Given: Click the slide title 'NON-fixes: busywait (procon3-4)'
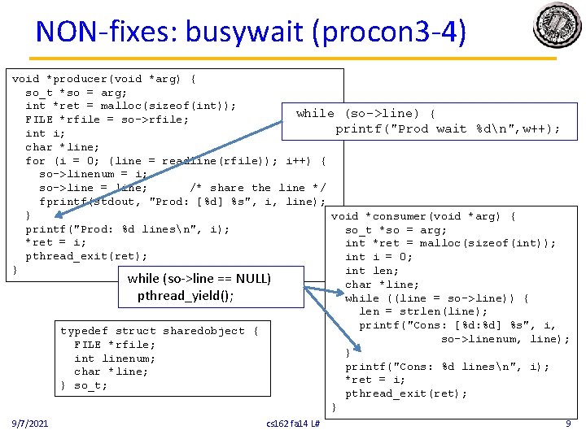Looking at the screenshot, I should tap(251, 32).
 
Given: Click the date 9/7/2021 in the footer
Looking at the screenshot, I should tap(29, 424).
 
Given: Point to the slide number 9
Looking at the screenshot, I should tap(567, 424).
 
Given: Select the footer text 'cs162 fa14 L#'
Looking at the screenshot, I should tap(293, 424).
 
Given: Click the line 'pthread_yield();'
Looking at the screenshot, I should tap(186, 295).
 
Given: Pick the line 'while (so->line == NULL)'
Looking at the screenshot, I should tap(199, 279).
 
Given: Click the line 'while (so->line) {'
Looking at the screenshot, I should tap(365, 113).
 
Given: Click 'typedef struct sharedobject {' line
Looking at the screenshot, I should tap(159, 331).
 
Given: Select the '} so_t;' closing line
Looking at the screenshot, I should tap(84, 385).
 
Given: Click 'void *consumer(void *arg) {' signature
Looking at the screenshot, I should tap(422, 216).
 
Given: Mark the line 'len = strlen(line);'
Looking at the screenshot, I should tap(423, 311).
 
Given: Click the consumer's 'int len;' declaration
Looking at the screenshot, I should tap(372, 271).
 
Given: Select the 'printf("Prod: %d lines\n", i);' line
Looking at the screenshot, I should tap(127, 229).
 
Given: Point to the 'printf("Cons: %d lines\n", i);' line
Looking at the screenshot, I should tap(447, 367).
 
